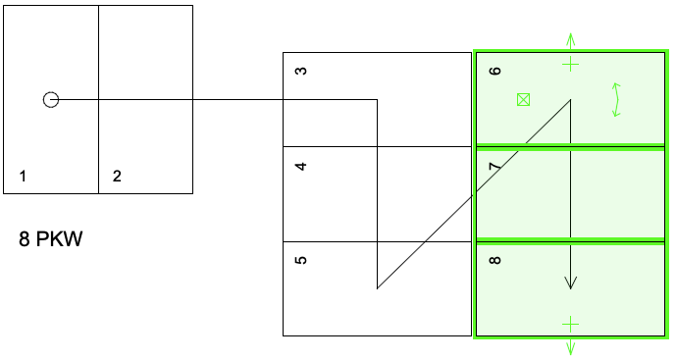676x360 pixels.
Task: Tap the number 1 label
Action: (x=23, y=176)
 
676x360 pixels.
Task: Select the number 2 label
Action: (x=117, y=176)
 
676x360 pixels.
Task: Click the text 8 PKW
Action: (x=50, y=238)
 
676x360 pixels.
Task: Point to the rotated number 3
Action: (x=301, y=71)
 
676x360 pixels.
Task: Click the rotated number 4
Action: (x=301, y=166)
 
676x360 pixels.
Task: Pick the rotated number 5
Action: (x=301, y=260)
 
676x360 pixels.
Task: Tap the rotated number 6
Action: (x=496, y=71)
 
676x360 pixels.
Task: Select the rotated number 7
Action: (x=496, y=166)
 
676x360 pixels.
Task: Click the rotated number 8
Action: (x=496, y=260)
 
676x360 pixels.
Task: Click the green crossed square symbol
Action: (x=523, y=100)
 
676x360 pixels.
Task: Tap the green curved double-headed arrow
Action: (x=617, y=100)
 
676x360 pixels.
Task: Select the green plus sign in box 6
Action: (x=570, y=64)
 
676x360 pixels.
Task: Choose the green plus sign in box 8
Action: (x=570, y=325)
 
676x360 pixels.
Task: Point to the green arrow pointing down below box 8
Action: (x=570, y=347)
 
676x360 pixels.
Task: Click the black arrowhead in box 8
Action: (x=570, y=283)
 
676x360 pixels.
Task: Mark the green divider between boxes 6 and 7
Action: (x=570, y=145)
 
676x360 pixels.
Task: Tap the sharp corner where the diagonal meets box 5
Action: (x=377, y=288)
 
